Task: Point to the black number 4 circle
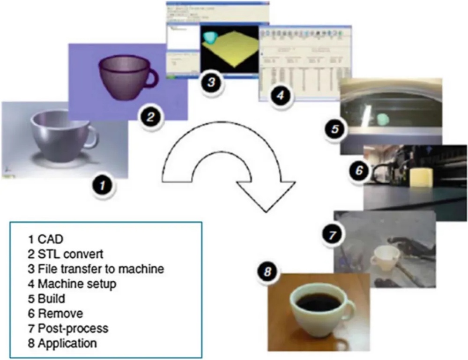click(280, 96)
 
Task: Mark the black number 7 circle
click(332, 234)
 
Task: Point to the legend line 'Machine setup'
click(77, 284)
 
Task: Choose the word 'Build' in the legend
click(51, 299)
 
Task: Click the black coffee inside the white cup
click(319, 302)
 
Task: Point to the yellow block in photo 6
click(420, 178)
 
